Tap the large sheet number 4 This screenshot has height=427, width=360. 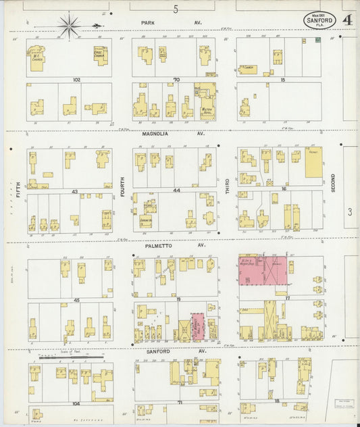click(346, 20)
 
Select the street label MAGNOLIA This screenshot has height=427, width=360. click(154, 134)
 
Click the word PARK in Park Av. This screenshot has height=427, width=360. click(149, 22)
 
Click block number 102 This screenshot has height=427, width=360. click(76, 80)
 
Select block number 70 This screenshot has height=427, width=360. click(176, 80)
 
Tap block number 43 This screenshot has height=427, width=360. click(75, 191)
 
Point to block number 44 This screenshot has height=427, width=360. click(176, 191)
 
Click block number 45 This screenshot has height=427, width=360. click(76, 300)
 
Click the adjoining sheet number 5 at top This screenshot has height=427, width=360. click(176, 9)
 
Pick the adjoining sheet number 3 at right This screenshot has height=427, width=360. click(350, 212)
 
